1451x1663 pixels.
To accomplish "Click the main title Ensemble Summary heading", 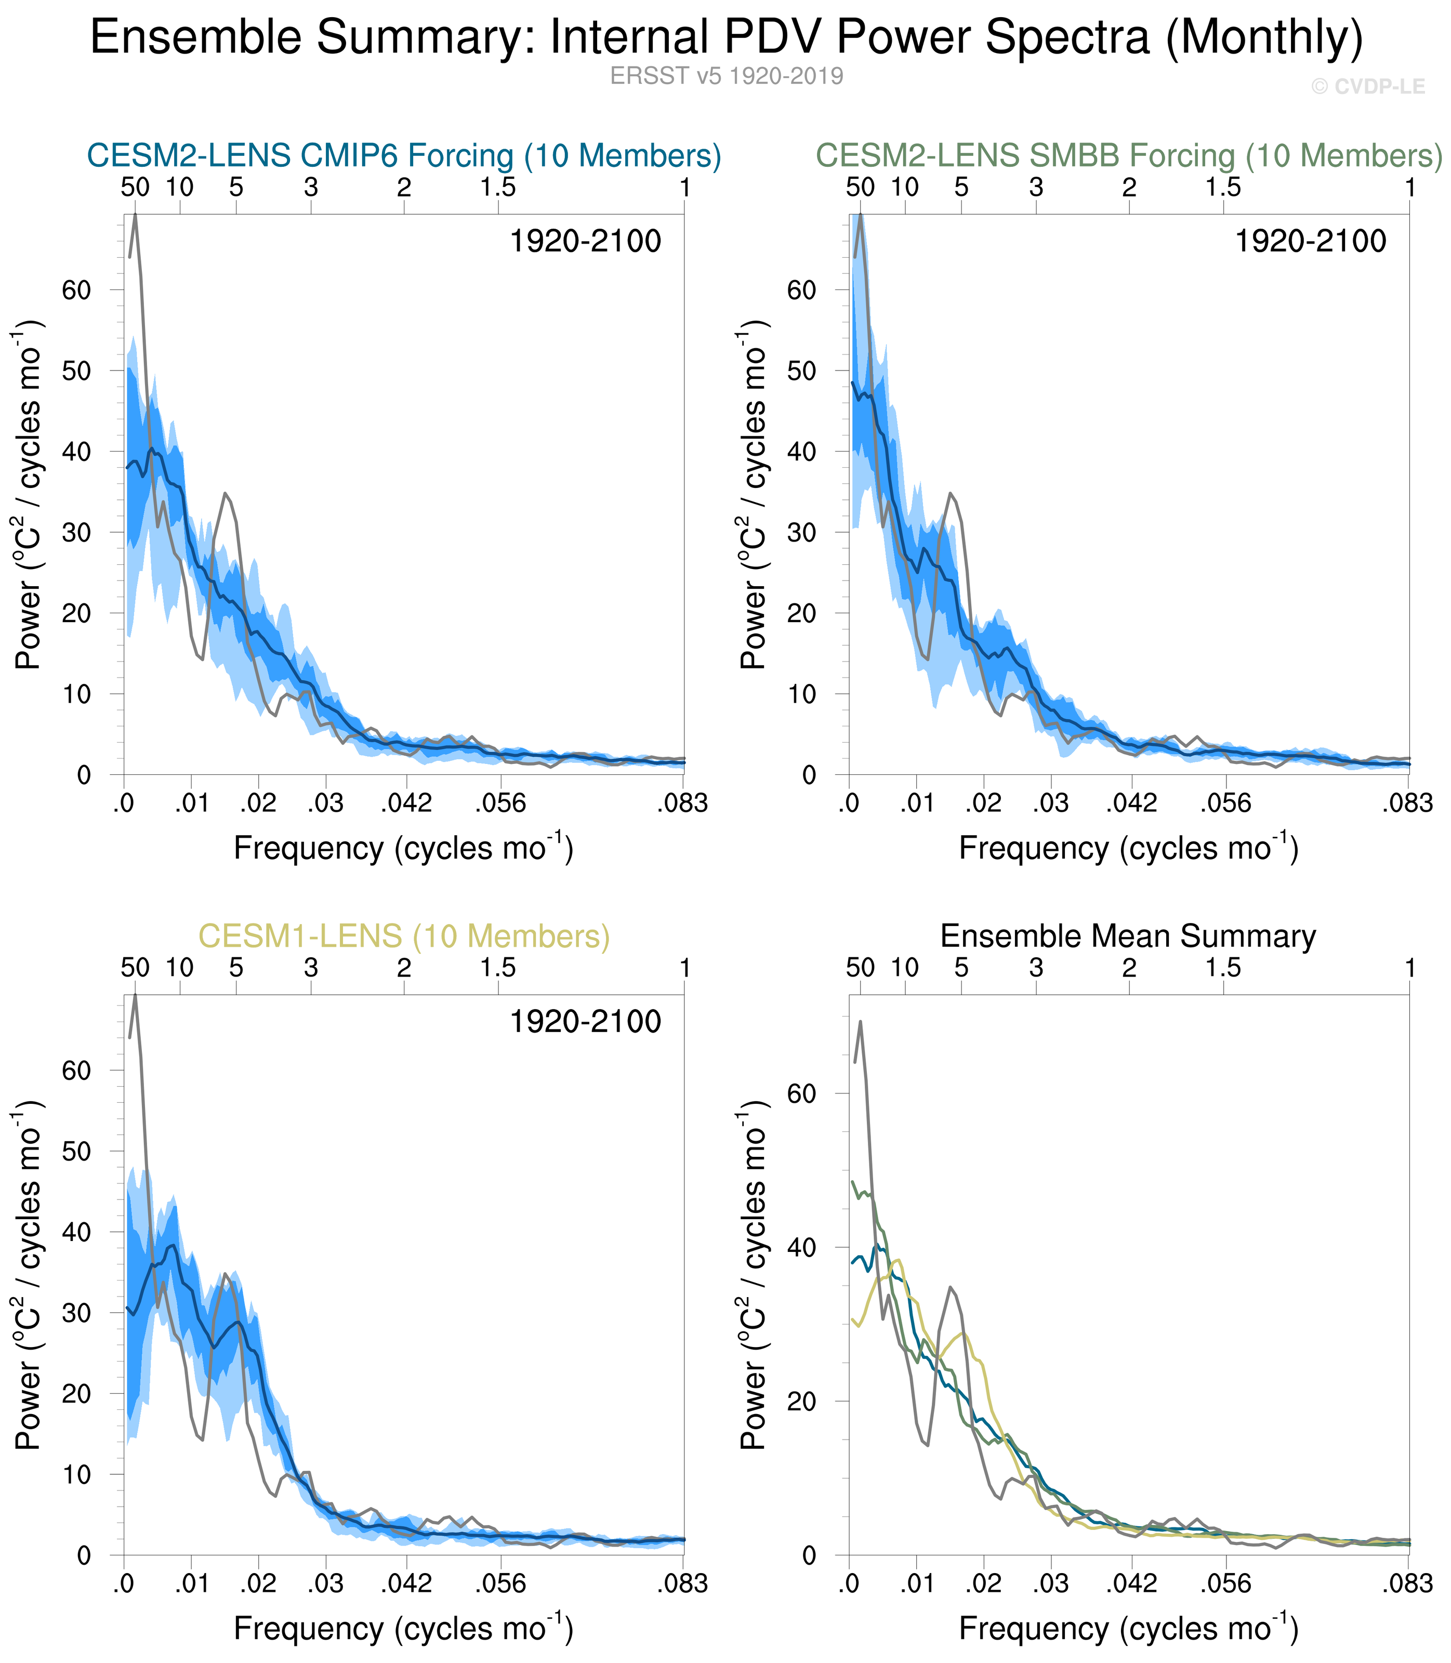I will (727, 37).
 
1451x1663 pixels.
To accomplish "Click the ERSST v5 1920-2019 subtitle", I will (727, 76).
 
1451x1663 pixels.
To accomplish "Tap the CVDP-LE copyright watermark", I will (1368, 87).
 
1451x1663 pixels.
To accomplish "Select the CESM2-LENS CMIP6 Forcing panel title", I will (403, 155).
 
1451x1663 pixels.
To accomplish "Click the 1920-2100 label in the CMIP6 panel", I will (585, 241).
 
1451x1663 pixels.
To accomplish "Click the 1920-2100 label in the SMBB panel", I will (1309, 241).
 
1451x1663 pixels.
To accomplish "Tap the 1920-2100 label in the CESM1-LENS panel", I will (585, 1022).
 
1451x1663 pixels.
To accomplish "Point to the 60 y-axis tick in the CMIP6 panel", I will (77, 290).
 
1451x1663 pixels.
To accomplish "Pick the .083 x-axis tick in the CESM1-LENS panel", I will (682, 1583).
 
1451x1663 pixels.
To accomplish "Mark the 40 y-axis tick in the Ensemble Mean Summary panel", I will (801, 1248).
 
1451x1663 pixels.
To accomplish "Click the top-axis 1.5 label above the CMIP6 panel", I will (497, 188).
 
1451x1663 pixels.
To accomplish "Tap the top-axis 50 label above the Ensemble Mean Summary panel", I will (860, 968).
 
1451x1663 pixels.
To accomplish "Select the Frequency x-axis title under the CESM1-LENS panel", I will (403, 1629).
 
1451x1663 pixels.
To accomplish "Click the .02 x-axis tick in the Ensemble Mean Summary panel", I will (984, 1583).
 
